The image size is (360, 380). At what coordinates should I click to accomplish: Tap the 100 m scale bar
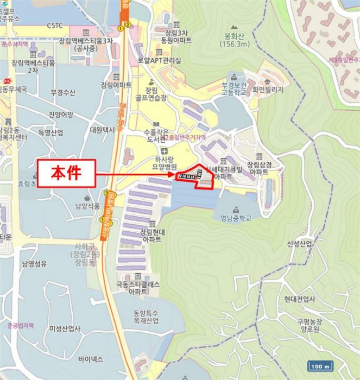[319, 365]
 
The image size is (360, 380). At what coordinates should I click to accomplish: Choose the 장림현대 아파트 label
[151, 236]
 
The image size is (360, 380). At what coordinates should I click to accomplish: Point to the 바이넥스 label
[91, 359]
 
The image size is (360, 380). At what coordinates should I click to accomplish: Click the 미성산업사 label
[65, 328]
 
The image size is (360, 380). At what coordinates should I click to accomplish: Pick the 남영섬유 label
[34, 264]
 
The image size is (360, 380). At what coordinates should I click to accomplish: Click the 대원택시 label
[102, 130]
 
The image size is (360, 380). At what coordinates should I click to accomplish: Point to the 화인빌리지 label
[269, 90]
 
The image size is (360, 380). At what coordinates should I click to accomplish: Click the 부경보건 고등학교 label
[234, 90]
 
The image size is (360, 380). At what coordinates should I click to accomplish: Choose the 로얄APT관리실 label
[159, 60]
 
